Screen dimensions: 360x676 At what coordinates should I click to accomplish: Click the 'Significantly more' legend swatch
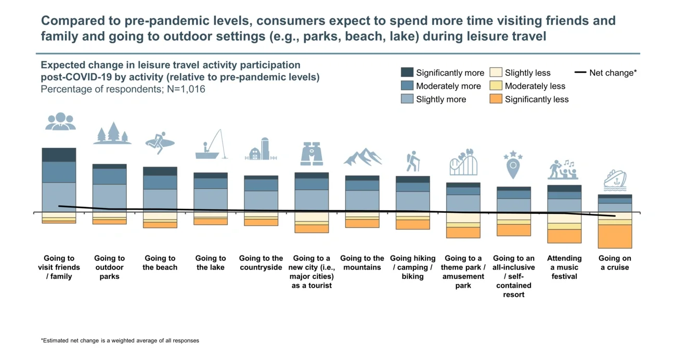[x=407, y=72]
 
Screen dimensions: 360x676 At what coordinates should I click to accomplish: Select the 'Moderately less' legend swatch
[x=496, y=86]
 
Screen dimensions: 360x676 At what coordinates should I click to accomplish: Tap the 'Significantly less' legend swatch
[x=496, y=99]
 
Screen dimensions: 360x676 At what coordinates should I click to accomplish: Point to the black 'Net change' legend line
[x=580, y=73]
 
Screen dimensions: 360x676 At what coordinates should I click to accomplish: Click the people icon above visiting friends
[x=60, y=121]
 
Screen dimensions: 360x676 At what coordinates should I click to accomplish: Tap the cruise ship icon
[x=615, y=180]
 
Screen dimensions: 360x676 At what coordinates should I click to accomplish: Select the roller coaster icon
[x=463, y=162]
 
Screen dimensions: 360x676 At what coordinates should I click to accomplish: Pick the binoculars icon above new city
[x=311, y=154]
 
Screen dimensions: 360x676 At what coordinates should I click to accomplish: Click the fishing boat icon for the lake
[x=211, y=145]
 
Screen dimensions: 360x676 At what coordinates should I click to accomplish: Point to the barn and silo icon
[x=261, y=149]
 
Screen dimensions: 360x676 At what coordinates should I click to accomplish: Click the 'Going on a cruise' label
[x=615, y=263]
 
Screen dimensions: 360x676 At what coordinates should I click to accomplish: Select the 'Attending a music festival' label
[x=564, y=267]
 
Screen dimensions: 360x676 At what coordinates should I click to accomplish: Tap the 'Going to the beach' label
[x=160, y=263]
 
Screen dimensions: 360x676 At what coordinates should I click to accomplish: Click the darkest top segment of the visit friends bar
[x=59, y=155]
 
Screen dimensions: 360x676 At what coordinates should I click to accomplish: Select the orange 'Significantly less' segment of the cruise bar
[x=615, y=236]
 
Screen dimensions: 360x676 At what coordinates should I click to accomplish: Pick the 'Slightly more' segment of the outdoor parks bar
[x=110, y=197]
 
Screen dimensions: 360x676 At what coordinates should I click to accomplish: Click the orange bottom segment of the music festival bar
[x=564, y=236]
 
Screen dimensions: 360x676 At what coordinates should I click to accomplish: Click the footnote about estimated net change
[x=120, y=341]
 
